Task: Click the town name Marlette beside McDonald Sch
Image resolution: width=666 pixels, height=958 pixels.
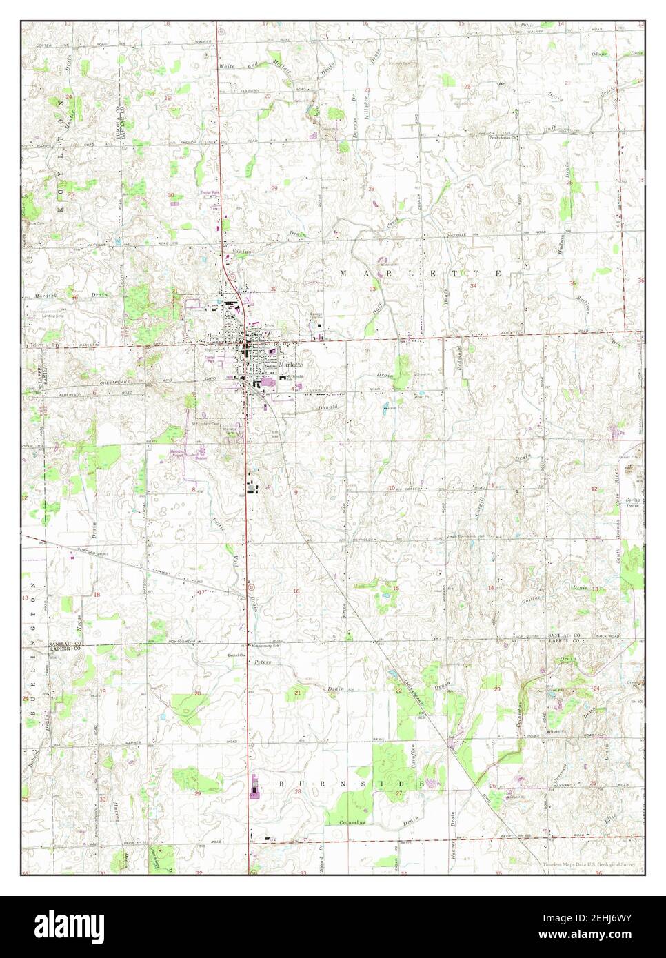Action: (292, 366)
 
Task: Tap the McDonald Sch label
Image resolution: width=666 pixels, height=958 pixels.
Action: (295, 377)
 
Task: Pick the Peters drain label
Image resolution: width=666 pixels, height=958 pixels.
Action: (263, 662)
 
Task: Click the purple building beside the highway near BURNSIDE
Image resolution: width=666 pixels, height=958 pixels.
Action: (253, 785)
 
